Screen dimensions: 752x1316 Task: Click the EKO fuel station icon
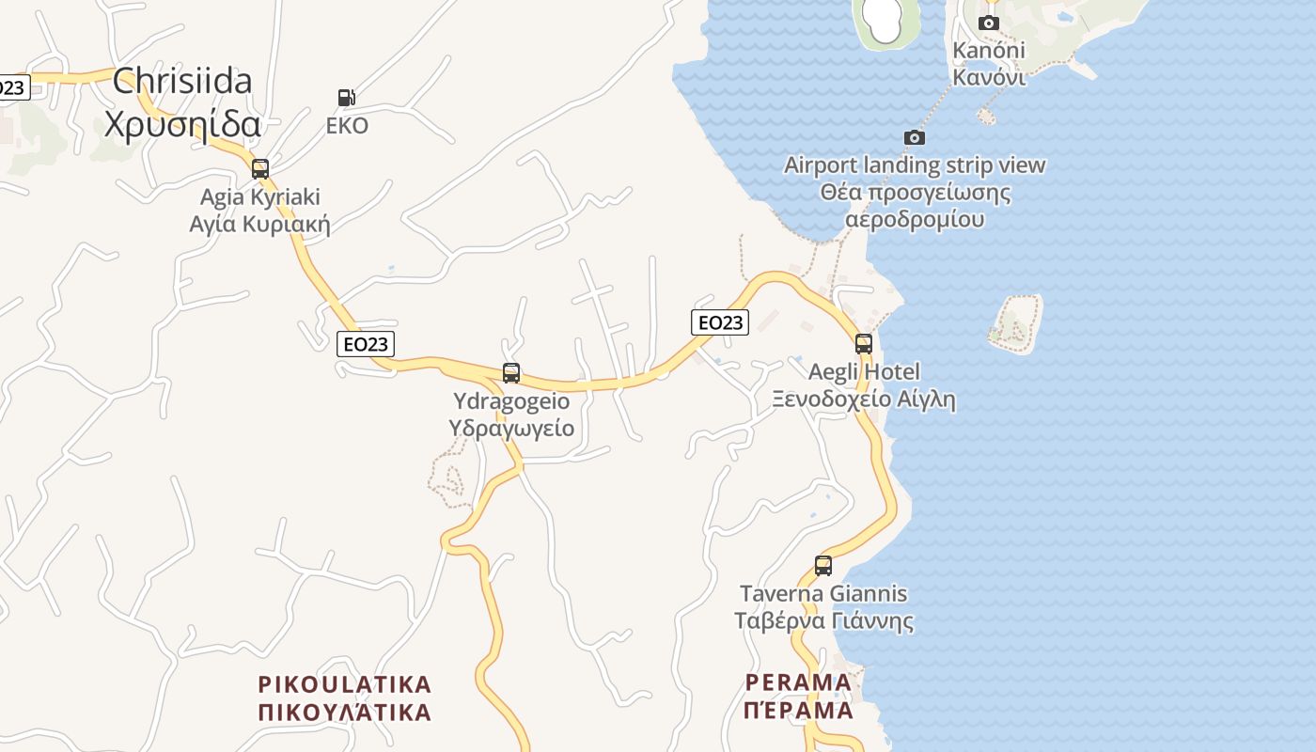point(346,97)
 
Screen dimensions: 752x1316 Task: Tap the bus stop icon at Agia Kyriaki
point(260,169)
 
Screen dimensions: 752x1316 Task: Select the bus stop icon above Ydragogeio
point(511,372)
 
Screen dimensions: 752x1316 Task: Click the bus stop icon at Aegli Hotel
point(864,343)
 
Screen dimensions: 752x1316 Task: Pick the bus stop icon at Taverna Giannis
point(823,565)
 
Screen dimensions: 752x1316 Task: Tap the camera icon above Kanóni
point(989,23)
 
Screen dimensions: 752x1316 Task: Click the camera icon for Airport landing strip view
point(915,137)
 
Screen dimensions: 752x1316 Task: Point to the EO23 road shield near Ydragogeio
point(366,344)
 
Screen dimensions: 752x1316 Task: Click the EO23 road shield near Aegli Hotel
point(719,322)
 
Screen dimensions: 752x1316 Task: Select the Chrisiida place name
point(182,81)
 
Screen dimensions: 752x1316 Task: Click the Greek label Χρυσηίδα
point(182,124)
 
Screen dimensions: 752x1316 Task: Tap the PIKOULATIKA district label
point(345,683)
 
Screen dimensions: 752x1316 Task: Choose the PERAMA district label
point(798,681)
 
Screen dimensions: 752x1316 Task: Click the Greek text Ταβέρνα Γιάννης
point(824,621)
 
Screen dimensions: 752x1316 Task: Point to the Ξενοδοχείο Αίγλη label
point(864,399)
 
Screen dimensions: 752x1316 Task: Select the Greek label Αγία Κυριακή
point(260,224)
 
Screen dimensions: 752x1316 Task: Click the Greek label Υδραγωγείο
point(511,428)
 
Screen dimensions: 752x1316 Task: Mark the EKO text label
point(347,126)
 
